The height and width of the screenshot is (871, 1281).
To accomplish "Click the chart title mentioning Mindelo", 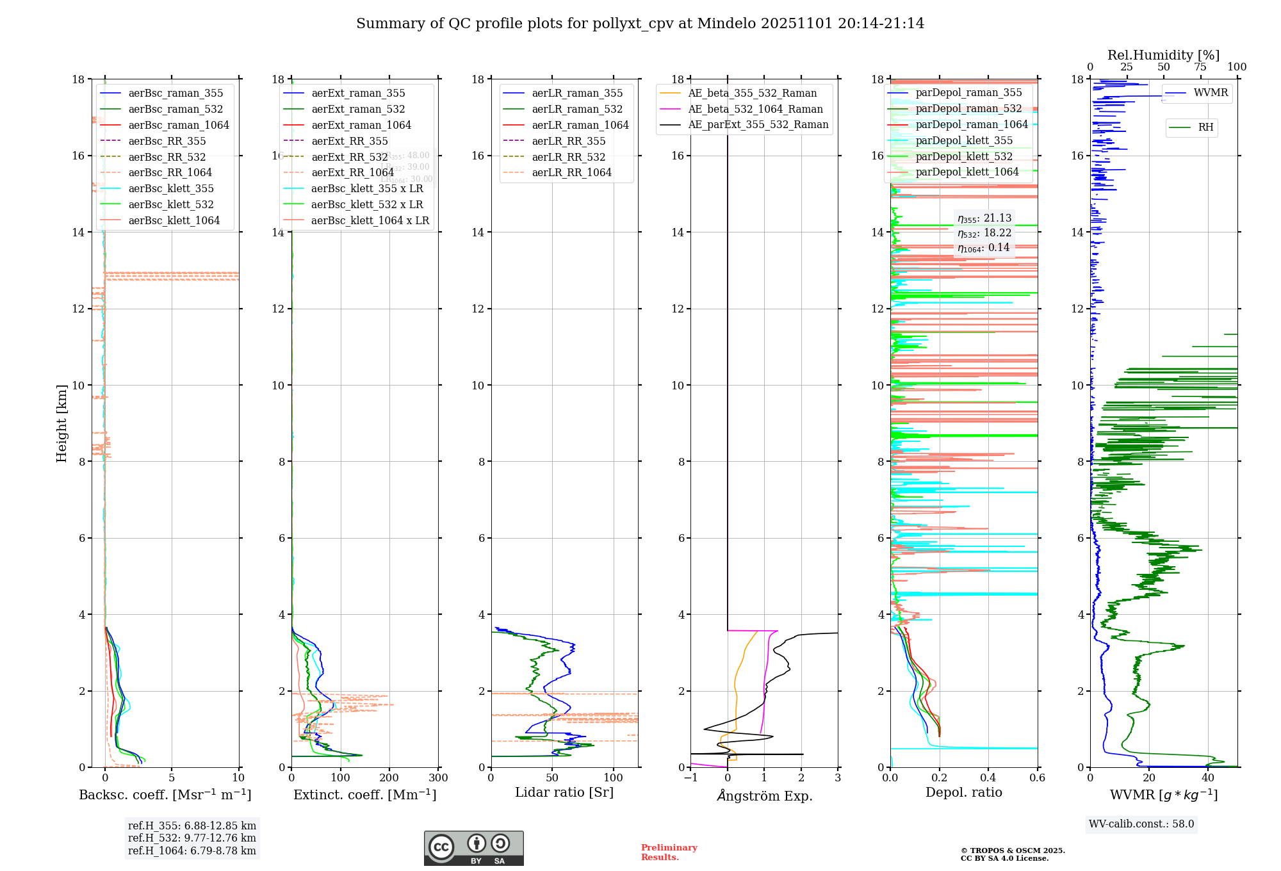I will [640, 24].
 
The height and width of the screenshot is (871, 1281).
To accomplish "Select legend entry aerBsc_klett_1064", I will [174, 220].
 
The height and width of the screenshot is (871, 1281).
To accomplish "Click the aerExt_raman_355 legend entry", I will [357, 94].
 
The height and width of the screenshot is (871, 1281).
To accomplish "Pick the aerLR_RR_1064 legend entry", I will [571, 173].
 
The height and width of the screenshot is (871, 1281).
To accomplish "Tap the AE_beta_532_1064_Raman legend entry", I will [755, 110].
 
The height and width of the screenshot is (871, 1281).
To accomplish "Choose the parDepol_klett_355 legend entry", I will [964, 141].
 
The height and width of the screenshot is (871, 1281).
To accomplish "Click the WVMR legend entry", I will [1211, 93].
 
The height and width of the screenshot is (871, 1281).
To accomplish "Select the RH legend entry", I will [1205, 127].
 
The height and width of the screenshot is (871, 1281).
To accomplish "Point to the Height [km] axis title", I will [61, 423].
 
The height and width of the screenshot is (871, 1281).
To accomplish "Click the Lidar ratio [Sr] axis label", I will [564, 793].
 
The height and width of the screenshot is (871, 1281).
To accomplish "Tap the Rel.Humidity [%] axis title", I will [1163, 55].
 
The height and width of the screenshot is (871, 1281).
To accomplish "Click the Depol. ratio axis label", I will [963, 793].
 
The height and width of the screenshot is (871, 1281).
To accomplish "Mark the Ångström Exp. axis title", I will [764, 796].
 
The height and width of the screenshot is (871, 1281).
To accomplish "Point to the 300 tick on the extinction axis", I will [439, 778].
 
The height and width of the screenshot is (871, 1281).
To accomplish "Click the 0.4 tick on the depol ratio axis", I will [988, 778].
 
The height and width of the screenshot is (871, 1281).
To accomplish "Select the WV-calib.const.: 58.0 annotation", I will [1141, 824].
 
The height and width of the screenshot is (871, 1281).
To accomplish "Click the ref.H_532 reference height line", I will [192, 838].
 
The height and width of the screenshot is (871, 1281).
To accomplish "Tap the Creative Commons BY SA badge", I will [473, 849].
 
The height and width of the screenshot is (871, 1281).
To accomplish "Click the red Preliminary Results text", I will [669, 852].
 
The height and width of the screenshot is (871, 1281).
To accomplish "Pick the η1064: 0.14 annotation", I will [983, 248].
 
